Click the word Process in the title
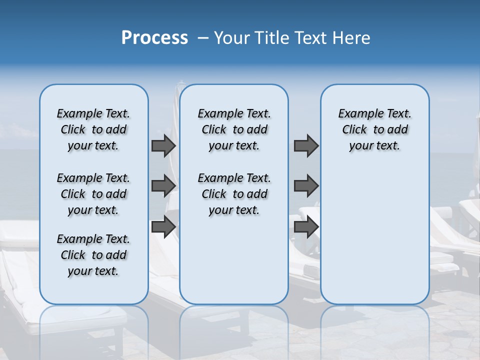click(154, 37)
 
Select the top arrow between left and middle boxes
click(163, 146)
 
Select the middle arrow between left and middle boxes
click(163, 186)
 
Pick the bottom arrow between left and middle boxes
click(163, 226)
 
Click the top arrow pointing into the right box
click(306, 146)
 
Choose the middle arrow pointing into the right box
click(306, 186)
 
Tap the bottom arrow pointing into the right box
click(306, 226)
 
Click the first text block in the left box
click(93, 129)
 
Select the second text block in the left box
click(93, 194)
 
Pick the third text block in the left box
click(93, 255)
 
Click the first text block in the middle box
click(234, 129)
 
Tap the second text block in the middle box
click(234, 194)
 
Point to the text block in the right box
click(374, 129)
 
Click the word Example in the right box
click(357, 114)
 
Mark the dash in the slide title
click(203, 38)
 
